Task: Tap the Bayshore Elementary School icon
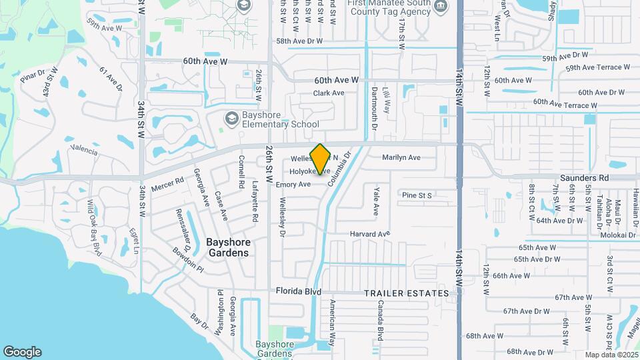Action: tap(231, 119)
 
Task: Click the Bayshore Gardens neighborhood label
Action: tap(227, 247)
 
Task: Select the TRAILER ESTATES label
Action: tap(407, 293)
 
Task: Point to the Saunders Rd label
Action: tap(585, 178)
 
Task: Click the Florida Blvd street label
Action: tap(299, 292)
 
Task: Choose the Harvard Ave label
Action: tap(370, 234)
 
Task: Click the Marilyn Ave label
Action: tap(401, 158)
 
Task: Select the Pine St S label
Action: tap(417, 195)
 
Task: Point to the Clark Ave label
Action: tap(329, 93)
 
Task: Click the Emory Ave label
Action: tap(293, 184)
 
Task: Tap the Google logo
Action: tap(22, 352)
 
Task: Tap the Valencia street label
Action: tap(84, 149)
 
